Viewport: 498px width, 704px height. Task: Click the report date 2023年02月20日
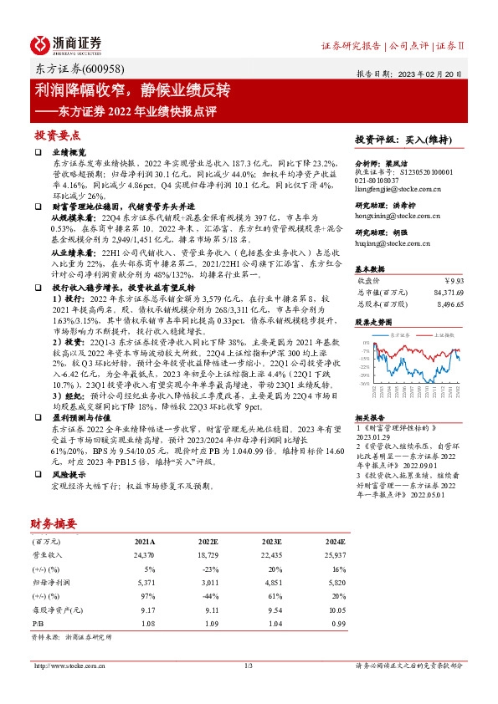426,73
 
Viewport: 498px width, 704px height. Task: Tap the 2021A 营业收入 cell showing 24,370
145,554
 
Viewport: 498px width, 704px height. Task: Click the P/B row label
37,624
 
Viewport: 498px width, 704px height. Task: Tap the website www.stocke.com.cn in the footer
68,666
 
